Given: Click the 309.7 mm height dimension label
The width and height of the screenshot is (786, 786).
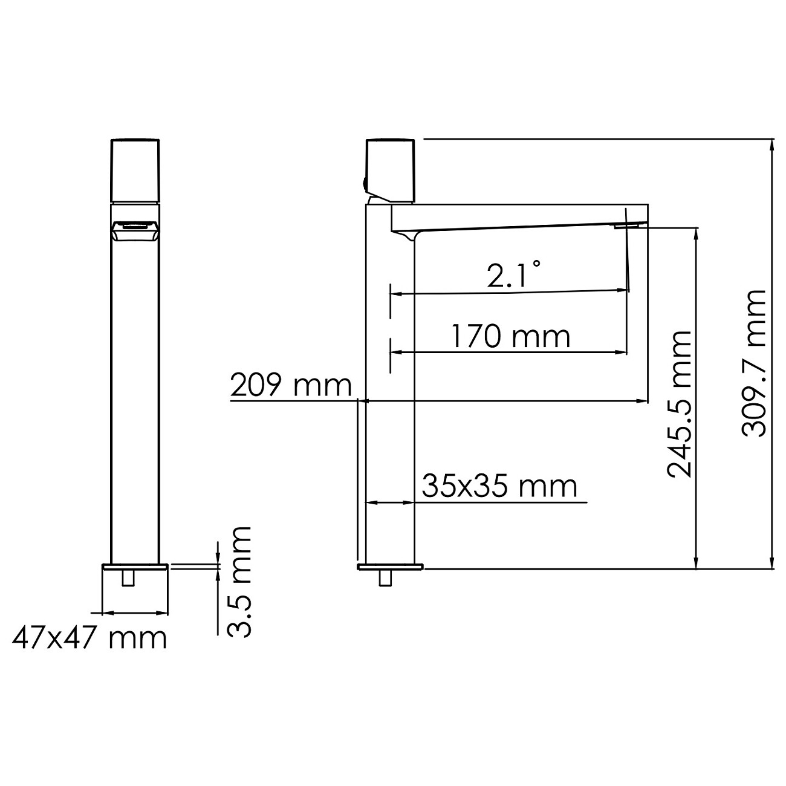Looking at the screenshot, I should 753,363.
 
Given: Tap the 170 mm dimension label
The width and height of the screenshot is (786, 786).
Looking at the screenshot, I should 510,336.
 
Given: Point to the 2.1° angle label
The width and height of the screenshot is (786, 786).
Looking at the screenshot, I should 514,276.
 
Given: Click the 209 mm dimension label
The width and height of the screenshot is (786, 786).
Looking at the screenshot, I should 291,385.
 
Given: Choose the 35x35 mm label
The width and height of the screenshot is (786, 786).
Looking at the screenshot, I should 499,486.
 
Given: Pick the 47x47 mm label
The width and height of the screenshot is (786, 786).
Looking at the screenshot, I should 89,637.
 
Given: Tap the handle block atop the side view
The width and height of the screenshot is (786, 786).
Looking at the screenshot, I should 391,170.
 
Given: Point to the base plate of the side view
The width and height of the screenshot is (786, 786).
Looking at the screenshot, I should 391,567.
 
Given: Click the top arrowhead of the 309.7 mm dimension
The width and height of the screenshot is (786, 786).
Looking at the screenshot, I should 772,145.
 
